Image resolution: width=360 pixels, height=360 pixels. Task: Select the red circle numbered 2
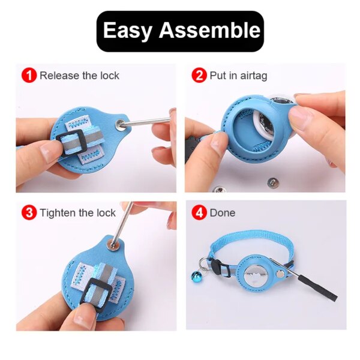pyautogui.click(x=199, y=76)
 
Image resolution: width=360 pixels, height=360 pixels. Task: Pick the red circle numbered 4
pyautogui.click(x=199, y=212)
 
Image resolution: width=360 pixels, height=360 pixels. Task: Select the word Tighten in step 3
pyautogui.click(x=58, y=212)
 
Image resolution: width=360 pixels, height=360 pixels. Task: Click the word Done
pyautogui.click(x=223, y=212)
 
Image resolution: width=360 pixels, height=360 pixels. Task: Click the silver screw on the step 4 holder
pyautogui.click(x=273, y=262)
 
